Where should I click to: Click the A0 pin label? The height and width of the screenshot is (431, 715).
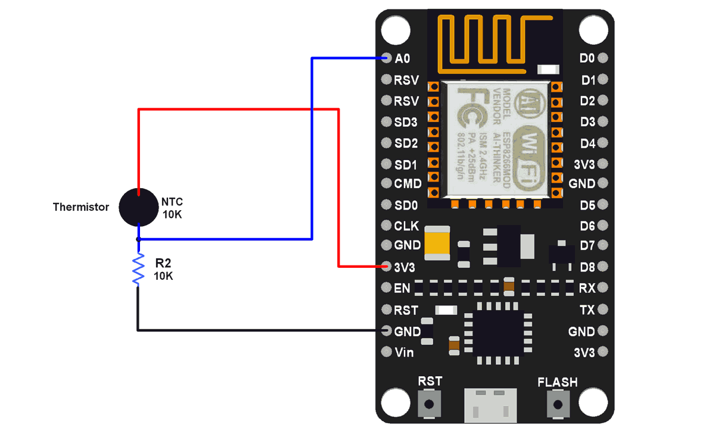[x=402, y=58]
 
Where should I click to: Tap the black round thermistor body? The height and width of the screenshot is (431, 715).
[x=138, y=207]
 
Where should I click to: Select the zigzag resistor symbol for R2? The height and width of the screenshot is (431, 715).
[x=138, y=269]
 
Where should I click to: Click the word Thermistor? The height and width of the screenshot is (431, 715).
[x=81, y=207]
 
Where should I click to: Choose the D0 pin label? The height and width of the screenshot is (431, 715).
[x=587, y=58]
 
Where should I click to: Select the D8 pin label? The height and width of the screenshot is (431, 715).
[x=587, y=266]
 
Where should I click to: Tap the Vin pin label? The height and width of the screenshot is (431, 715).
[x=404, y=352]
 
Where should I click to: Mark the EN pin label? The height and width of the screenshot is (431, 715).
[x=402, y=288]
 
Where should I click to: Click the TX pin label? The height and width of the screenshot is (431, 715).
[x=587, y=310]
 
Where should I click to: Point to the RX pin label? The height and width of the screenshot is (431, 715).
[x=587, y=288]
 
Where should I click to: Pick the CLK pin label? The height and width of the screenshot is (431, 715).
[x=406, y=226]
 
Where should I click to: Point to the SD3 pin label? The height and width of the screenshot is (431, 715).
[x=406, y=122]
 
